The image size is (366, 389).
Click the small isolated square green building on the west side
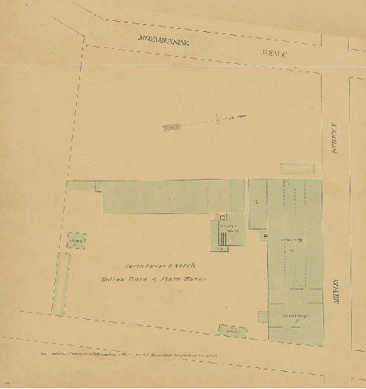[76, 242]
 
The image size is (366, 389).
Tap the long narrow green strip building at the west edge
[60, 283]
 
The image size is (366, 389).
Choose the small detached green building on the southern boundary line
[232, 331]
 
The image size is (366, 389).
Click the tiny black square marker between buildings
[265, 234]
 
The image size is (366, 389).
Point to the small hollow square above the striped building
[222, 217]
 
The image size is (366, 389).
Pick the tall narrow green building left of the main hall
[257, 205]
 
